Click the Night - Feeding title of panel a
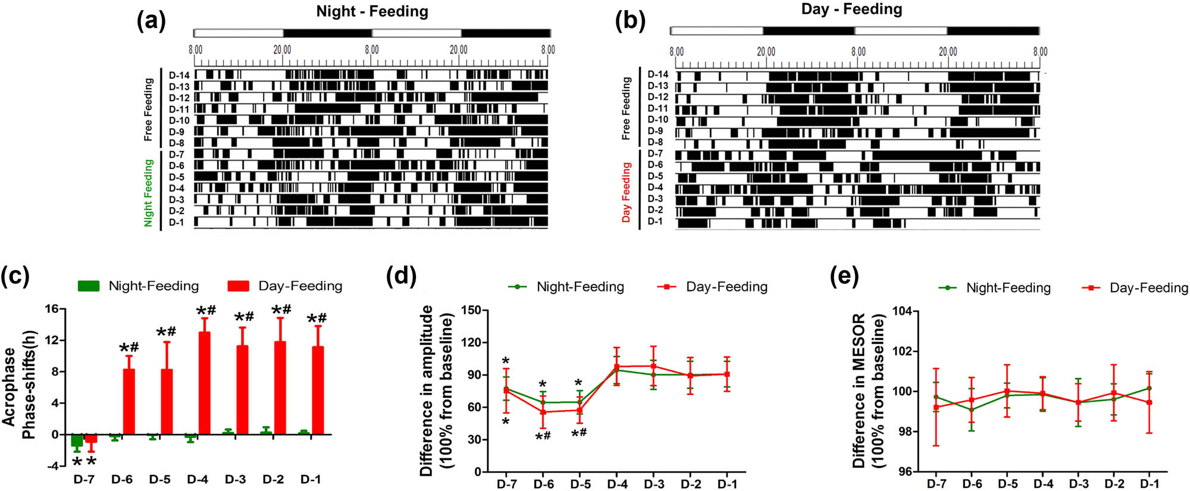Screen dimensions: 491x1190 tap(372, 11)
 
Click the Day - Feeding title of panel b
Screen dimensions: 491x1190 tap(851, 9)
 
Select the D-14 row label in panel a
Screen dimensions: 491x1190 tap(179, 76)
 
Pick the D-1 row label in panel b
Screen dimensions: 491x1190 tap(655, 221)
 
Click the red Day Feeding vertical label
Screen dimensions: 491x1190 tap(626, 192)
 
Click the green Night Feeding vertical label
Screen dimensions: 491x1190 tap(148, 192)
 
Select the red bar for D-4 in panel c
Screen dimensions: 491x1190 tap(204, 383)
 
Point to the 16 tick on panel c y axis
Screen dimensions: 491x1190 tap(52, 309)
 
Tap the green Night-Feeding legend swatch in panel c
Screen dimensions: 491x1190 tap(89, 286)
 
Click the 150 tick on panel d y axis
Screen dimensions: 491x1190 tap(471, 310)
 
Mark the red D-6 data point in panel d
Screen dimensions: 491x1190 tap(543, 412)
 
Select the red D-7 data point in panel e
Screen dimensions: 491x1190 tap(937, 408)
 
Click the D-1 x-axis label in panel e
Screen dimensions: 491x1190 tap(1149, 484)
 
